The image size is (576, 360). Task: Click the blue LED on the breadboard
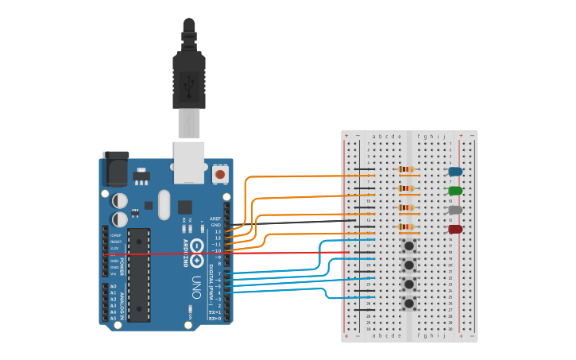pos(455,171)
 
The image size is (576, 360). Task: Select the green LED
pos(455,191)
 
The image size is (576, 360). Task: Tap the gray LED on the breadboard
pos(455,210)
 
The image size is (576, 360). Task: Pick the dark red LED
pos(455,229)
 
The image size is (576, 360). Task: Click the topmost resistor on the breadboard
pos(407,169)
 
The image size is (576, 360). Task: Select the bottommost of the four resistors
pos(407,226)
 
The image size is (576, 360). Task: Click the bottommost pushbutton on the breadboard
pos(409,303)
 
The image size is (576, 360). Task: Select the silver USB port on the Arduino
pos(189,162)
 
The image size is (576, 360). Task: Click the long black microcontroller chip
pos(138,274)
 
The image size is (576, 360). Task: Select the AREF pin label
pos(215,219)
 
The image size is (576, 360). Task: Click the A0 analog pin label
pos(113,286)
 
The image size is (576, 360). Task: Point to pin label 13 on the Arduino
pos(218,231)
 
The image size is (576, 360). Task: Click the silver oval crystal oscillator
pos(164,204)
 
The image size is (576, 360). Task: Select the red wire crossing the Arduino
pos(159,254)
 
